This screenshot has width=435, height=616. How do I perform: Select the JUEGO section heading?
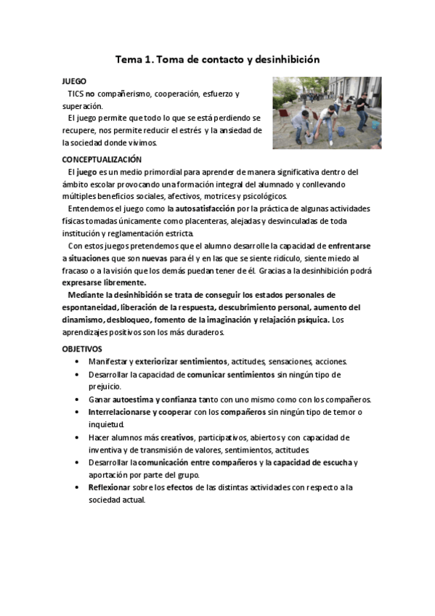[x=73, y=82]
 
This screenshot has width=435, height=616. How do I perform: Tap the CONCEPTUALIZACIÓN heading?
[x=101, y=159]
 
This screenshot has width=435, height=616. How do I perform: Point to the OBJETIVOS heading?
[x=81, y=349]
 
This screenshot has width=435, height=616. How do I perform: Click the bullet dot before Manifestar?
[x=78, y=362]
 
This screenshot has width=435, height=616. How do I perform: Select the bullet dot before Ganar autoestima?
[x=78, y=400]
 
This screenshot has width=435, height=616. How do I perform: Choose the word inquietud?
[x=107, y=424]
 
